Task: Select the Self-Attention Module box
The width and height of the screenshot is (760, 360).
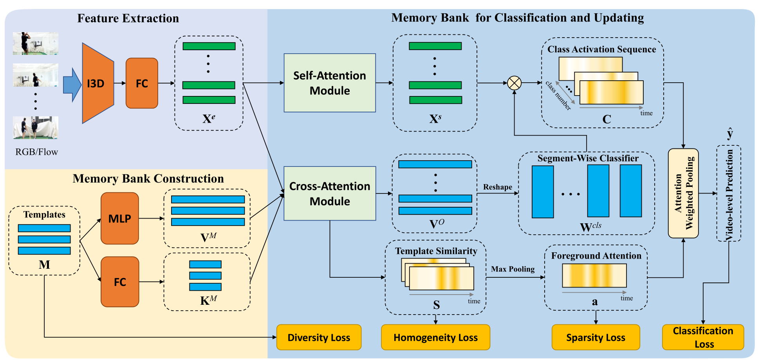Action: (x=329, y=83)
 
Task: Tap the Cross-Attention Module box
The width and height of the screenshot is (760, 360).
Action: (x=329, y=194)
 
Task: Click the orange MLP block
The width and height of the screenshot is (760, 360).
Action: (x=119, y=219)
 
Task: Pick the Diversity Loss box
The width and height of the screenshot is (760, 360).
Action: (x=319, y=337)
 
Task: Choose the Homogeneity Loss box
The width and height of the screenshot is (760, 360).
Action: (x=435, y=337)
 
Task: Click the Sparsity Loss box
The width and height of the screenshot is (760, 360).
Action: (x=596, y=337)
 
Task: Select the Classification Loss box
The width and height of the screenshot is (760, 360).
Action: (x=703, y=337)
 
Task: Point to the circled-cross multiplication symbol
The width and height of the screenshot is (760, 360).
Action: (x=514, y=83)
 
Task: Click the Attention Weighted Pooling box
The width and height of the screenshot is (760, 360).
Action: (x=683, y=193)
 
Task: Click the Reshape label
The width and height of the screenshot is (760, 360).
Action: (x=497, y=187)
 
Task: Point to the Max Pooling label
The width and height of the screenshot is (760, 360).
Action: (x=513, y=269)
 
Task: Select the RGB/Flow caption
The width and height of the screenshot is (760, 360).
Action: (x=36, y=152)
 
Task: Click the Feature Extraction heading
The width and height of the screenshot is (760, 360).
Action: (x=128, y=18)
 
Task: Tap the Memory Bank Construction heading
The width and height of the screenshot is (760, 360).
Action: (x=148, y=179)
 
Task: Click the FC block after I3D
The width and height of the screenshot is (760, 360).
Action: (x=142, y=83)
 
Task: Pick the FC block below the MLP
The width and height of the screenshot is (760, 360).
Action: (x=120, y=282)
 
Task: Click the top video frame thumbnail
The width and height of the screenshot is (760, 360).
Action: (x=36, y=43)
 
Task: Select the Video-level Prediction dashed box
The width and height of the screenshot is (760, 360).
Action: (x=728, y=194)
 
